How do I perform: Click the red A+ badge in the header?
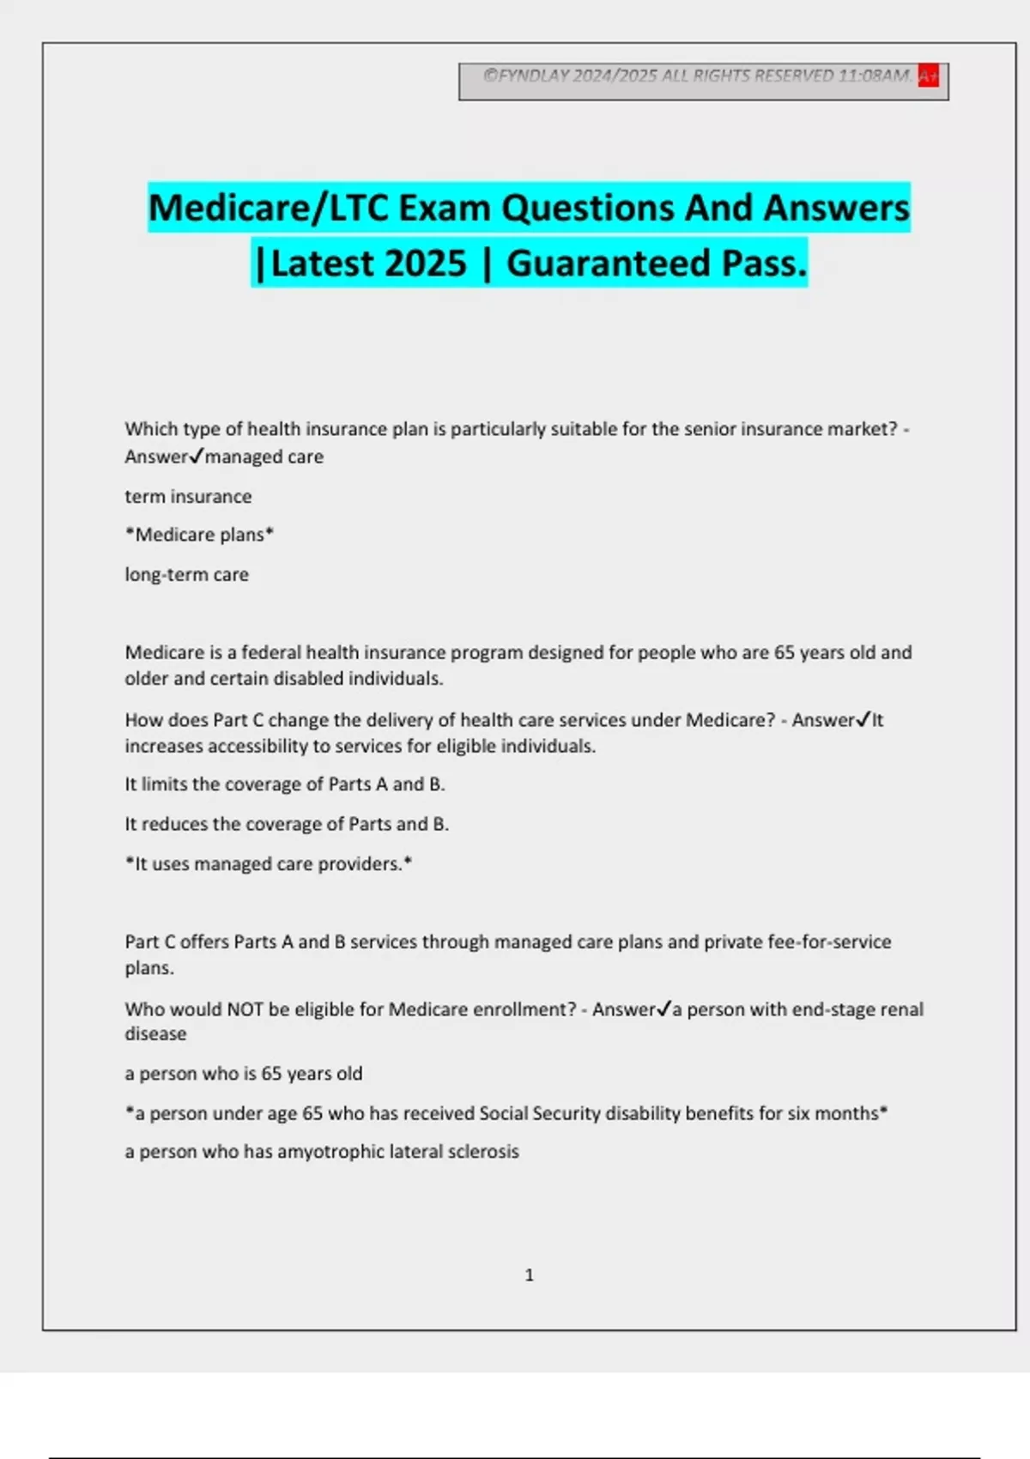coord(928,76)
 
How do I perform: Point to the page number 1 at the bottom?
coord(529,1275)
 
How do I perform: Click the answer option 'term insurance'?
coord(188,496)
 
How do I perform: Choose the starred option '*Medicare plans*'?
coord(199,535)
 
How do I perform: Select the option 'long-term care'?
coord(186,574)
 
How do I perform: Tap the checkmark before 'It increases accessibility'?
coord(863,719)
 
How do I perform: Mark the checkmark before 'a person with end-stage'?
coord(663,1008)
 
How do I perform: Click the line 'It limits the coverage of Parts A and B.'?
coord(284,784)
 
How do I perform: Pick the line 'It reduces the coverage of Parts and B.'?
coord(287,824)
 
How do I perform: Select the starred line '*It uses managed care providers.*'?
coord(268,863)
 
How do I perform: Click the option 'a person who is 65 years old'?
coord(243,1074)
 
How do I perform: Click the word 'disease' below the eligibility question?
coord(155,1034)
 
